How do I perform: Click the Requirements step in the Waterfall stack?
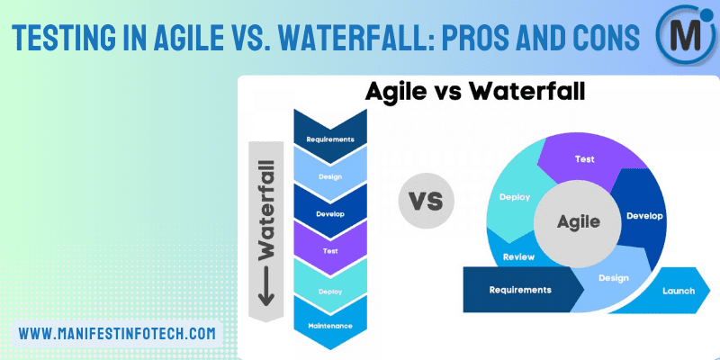tap(329, 139)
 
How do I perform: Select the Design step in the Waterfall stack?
tap(329, 176)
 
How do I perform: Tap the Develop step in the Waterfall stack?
tap(329, 214)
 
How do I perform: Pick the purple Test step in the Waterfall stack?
tap(329, 252)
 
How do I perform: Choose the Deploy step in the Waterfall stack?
tap(329, 291)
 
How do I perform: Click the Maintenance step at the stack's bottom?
tap(329, 324)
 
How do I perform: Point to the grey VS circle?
tap(426, 200)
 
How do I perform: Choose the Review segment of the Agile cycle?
tap(519, 256)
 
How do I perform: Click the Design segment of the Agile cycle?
tap(615, 278)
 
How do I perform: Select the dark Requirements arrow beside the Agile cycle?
tap(520, 290)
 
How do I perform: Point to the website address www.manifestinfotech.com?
tap(118, 332)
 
